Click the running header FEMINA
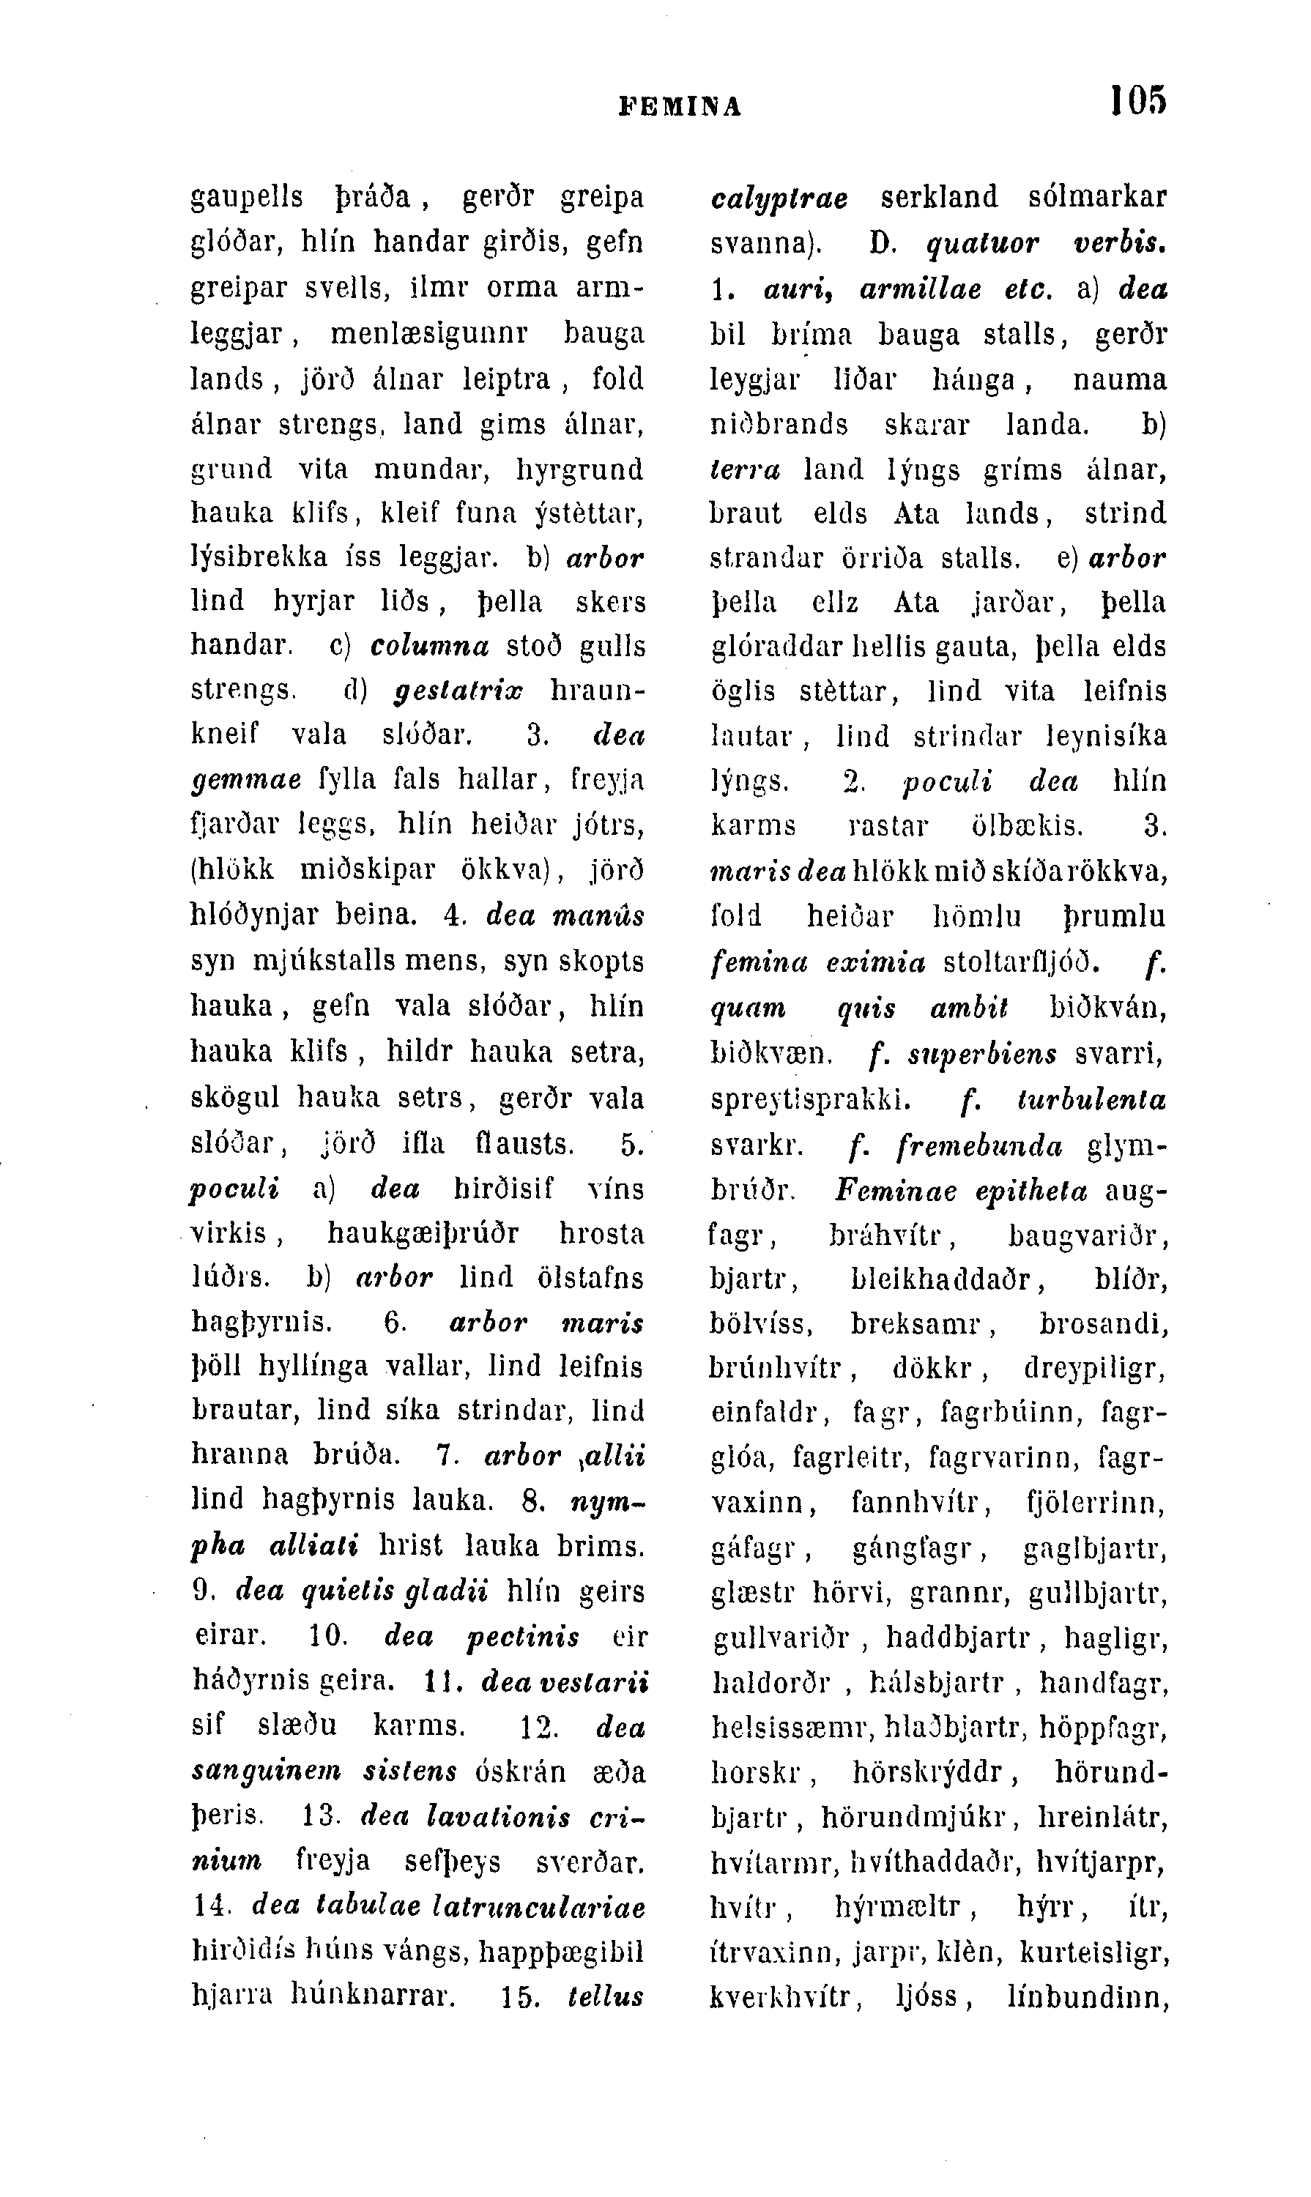point(680,107)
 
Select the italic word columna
point(429,647)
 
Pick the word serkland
point(939,196)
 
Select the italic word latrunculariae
point(540,1907)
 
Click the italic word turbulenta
point(1092,1101)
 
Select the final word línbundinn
point(1088,1996)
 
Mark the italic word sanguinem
point(267,1772)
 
